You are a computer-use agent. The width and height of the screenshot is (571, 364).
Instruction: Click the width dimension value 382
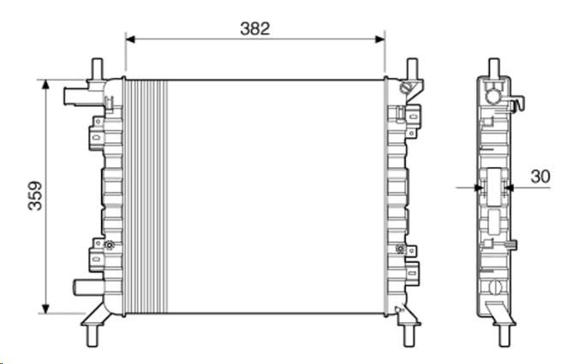255,29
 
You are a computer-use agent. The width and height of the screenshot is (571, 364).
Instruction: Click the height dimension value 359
35,196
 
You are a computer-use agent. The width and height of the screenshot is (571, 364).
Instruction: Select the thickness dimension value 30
540,176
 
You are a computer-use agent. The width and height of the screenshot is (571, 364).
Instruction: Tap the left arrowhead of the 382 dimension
130,39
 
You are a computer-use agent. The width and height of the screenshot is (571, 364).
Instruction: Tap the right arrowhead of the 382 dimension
380,39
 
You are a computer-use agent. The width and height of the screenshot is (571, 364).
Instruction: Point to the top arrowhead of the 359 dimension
45,85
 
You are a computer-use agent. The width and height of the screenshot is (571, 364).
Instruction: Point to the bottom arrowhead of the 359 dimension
45,308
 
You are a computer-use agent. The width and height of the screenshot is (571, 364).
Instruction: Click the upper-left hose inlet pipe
75,96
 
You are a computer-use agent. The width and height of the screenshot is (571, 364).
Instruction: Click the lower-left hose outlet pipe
88,288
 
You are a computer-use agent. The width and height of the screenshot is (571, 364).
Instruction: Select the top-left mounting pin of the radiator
97,69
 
